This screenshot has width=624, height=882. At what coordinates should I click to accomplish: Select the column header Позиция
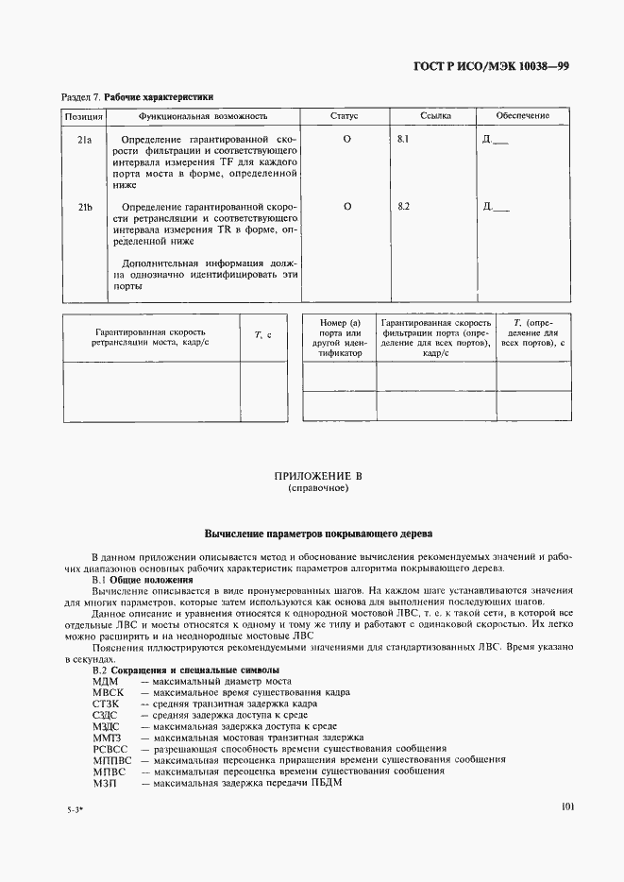(x=83, y=116)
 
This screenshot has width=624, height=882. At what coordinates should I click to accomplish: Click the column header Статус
(x=344, y=116)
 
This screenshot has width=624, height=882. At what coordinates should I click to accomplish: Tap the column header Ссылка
(x=435, y=116)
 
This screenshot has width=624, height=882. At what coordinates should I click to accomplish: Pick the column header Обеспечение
(x=523, y=116)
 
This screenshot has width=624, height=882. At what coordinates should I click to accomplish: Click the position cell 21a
(x=84, y=140)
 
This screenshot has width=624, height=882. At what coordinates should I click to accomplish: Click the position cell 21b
(x=84, y=207)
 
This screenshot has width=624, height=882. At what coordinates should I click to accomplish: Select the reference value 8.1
(x=405, y=140)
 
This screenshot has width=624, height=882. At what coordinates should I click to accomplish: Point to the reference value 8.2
(x=405, y=207)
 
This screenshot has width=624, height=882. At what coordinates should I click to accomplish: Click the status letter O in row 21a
(x=346, y=140)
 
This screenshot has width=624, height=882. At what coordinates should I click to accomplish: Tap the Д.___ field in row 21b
(x=495, y=207)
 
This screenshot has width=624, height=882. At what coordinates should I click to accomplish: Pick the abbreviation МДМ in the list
(x=104, y=682)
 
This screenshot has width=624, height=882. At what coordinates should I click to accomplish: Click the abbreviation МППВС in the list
(x=110, y=759)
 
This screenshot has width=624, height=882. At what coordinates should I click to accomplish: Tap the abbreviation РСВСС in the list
(x=110, y=748)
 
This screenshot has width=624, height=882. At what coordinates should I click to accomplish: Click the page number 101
(x=567, y=807)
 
